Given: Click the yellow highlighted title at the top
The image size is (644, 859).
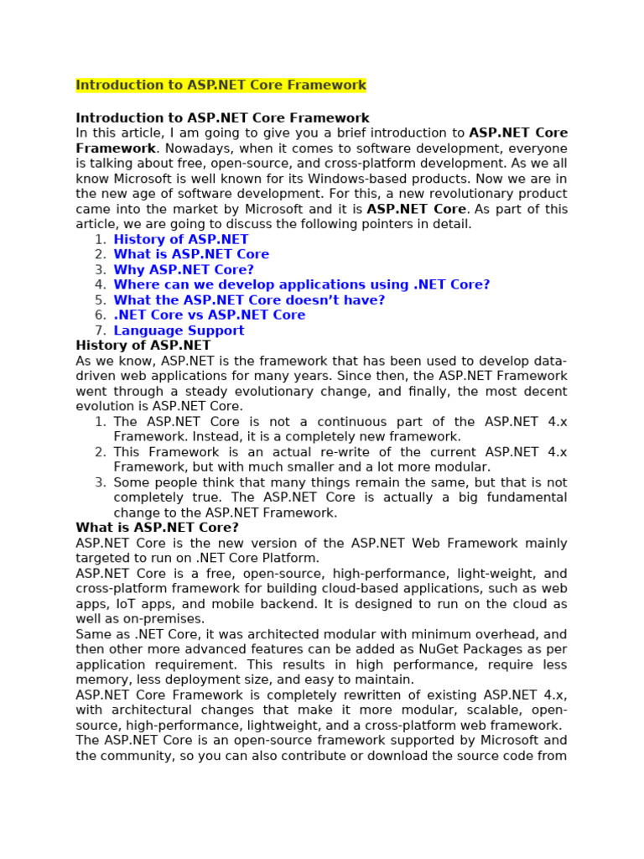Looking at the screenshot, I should (221, 86).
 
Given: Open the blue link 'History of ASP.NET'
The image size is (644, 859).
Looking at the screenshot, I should (181, 240).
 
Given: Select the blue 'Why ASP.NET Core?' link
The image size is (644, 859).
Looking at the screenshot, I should (184, 270).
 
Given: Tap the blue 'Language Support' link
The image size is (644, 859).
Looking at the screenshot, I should (179, 331).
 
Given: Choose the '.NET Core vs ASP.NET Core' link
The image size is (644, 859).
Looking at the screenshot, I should (210, 315).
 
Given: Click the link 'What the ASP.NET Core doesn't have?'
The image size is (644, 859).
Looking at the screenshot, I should (249, 300).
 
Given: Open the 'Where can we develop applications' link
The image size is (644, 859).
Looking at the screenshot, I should (302, 285).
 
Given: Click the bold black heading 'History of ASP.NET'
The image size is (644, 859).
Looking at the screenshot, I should (143, 346).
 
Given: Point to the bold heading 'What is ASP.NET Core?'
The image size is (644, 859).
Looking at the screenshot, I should (157, 528).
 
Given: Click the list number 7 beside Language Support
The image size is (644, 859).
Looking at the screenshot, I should (100, 331).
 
